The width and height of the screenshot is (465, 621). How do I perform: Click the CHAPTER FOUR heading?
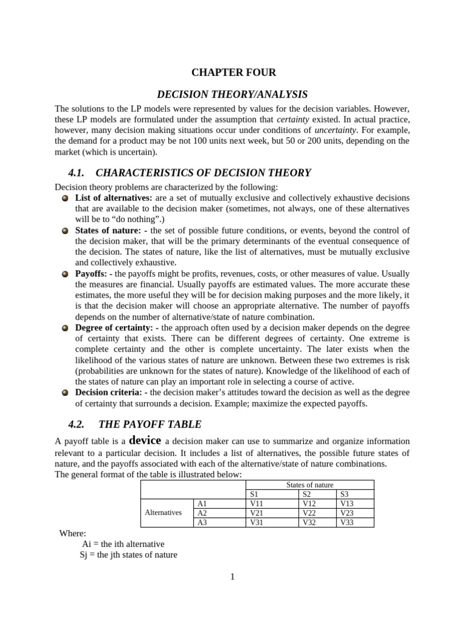[233, 73]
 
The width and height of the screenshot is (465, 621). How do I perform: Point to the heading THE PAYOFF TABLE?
[150, 424]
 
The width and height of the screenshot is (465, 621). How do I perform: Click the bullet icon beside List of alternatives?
[65, 198]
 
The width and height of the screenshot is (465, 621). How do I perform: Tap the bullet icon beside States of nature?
[65, 231]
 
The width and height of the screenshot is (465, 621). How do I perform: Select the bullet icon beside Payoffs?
[65, 274]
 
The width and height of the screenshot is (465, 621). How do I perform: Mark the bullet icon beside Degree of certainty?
[65, 328]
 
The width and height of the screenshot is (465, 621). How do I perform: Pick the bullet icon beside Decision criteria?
[65, 392]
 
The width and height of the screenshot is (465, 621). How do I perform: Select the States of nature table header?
[309, 485]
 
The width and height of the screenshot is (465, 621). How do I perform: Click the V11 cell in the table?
[257, 503]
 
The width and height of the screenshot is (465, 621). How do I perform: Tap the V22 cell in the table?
[309, 512]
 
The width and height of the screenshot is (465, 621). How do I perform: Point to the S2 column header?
[306, 494]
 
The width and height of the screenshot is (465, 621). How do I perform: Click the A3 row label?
[202, 522]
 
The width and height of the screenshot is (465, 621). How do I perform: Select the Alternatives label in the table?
[163, 512]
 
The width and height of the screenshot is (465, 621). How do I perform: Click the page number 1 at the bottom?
[232, 577]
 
